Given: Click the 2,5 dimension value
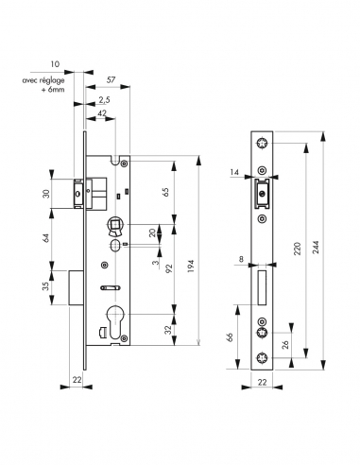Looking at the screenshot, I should click(x=103, y=99).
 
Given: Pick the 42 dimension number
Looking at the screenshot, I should click(x=101, y=112).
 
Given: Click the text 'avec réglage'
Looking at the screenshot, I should click(x=46, y=80).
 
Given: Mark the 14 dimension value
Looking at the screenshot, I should click(x=233, y=173).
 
